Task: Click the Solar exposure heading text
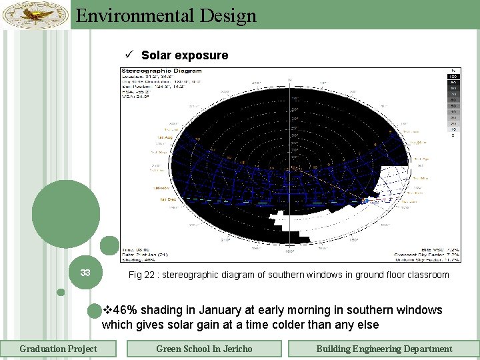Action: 185,55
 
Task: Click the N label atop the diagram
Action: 289,81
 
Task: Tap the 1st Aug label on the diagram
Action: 165,137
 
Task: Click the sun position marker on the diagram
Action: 365,199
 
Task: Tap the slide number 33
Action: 85,273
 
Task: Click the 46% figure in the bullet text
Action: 124,310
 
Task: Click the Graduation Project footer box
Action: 58,349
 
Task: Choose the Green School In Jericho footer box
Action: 204,349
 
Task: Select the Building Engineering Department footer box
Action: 383,349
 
